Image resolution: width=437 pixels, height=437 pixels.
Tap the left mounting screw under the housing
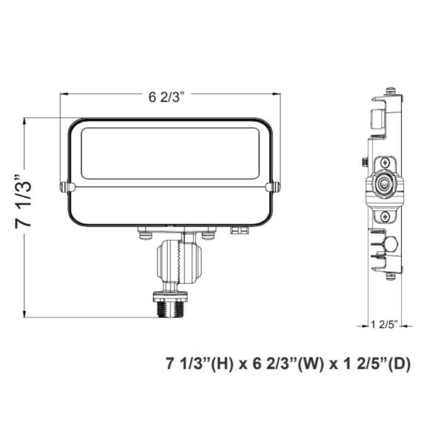point(146,235)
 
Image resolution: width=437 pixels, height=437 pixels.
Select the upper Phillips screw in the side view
point(386,162)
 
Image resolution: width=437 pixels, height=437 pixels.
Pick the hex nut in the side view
point(392,244)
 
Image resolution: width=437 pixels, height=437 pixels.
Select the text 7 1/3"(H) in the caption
point(198,364)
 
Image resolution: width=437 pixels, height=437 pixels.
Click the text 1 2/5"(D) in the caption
point(375,364)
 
